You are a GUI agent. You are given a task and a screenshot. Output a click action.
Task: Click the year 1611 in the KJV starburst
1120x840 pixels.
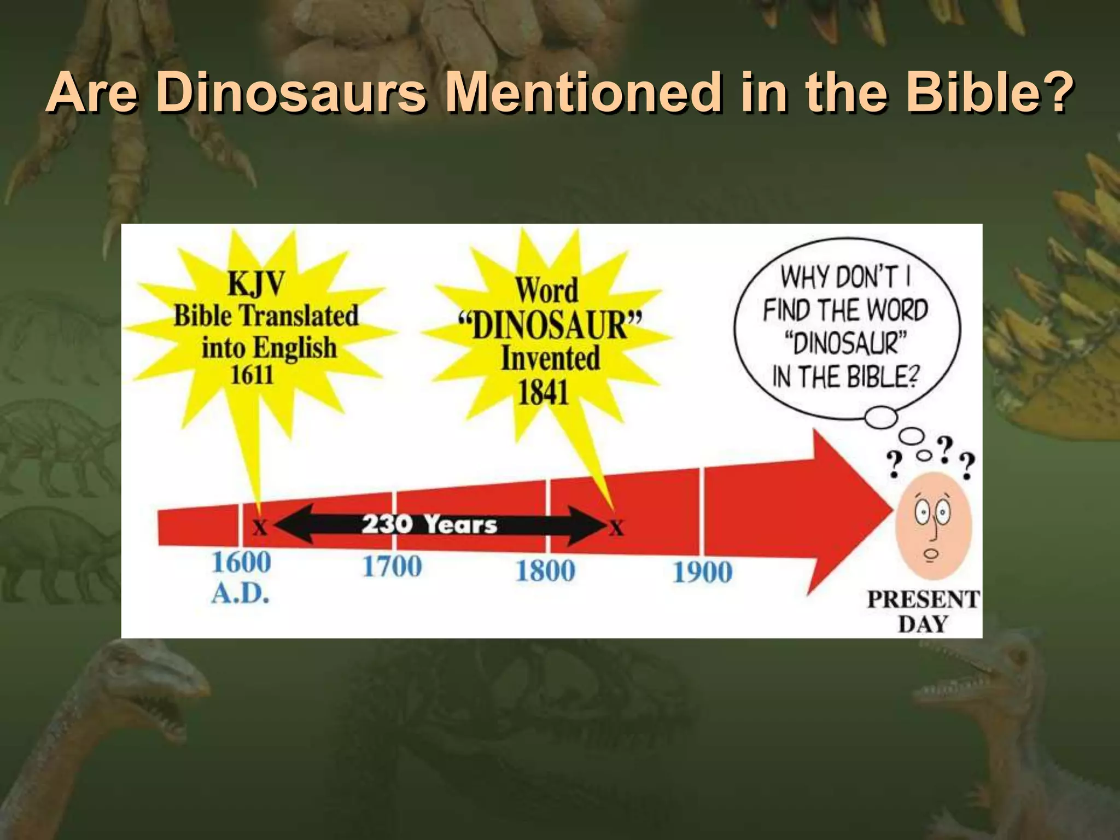coord(252,375)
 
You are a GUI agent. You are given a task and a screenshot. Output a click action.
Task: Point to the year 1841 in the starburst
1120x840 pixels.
coord(544,392)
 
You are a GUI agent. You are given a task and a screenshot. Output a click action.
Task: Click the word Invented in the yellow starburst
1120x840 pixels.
coord(551,359)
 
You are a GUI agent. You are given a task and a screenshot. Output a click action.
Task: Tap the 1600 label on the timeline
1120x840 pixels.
coord(241,563)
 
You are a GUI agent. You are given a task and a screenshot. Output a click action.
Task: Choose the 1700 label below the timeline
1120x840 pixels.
coord(392,566)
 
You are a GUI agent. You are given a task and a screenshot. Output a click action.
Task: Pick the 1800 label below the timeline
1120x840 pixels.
coord(545,571)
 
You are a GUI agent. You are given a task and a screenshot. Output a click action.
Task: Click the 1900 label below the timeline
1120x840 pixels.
coord(702,573)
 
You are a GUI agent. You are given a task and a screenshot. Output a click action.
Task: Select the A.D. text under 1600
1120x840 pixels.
coord(241,593)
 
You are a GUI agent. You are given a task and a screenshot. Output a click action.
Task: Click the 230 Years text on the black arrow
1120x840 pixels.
coord(429,524)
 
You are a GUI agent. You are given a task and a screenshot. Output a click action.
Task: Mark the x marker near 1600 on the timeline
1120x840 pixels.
coord(260,528)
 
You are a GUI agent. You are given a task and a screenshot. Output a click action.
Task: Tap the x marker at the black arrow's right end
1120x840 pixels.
coord(616,528)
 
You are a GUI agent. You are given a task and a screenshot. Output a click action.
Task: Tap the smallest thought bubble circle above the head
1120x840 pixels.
coord(924,455)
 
